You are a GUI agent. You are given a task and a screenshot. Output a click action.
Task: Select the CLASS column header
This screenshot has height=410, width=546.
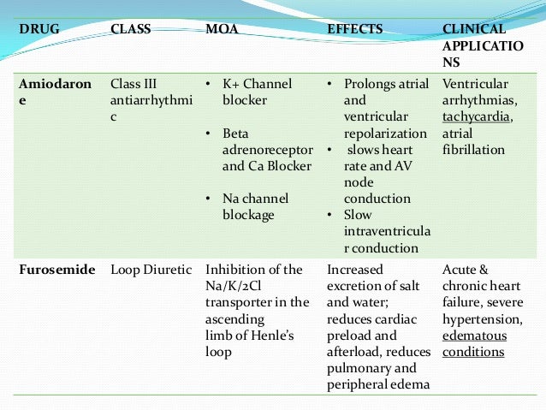pyautogui.click(x=131, y=28)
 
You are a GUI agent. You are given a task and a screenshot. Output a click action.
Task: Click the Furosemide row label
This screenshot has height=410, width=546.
pyautogui.click(x=56, y=270)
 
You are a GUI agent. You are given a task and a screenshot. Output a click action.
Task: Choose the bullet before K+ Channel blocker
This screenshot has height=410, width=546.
pyautogui.click(x=210, y=84)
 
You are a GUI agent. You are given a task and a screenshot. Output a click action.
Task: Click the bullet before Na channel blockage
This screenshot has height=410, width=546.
pyautogui.click(x=210, y=199)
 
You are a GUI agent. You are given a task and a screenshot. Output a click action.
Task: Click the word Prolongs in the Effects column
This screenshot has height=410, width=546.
pyautogui.click(x=372, y=84)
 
